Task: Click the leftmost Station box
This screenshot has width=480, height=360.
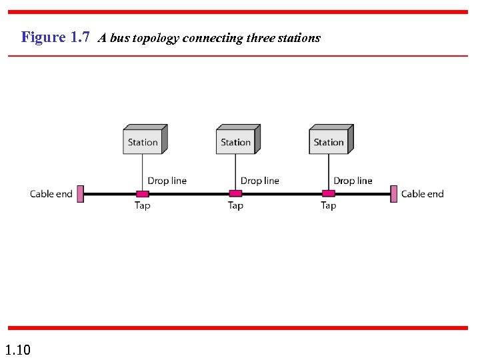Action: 143,142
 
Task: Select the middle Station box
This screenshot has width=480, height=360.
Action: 236,142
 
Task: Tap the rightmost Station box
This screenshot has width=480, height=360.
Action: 329,142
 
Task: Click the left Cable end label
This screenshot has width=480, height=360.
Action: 51,194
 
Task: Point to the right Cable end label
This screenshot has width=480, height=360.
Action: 422,194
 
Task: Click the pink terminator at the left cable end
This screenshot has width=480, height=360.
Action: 80,194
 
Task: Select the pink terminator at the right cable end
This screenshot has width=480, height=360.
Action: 394,194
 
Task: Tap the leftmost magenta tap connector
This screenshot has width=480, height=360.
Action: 142,194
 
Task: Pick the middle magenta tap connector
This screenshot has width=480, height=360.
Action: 235,194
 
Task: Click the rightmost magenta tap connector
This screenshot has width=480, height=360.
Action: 328,194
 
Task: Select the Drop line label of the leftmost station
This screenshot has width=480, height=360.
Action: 167,181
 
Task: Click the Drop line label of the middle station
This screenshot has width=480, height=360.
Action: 260,181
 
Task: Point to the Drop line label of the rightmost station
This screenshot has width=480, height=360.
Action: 353,181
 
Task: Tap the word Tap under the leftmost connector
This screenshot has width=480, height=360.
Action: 143,206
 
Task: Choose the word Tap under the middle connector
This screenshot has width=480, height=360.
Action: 235,206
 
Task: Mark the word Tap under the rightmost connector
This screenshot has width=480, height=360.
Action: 328,206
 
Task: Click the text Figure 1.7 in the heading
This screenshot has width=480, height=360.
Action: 55,37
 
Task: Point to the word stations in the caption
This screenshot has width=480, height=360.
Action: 299,38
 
